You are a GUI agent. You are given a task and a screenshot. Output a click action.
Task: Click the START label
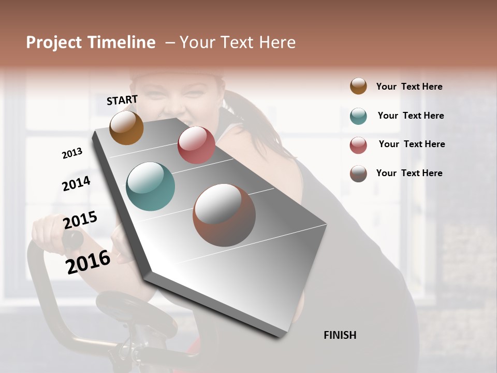point(122,100)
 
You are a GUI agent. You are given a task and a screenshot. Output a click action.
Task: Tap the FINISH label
point(340,335)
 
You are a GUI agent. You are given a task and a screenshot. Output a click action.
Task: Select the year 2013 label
point(72,153)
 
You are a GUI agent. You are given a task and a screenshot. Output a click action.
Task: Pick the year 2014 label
point(76,183)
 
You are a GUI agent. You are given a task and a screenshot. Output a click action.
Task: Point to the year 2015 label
point(80,220)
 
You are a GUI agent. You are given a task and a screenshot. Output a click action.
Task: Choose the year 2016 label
point(88,261)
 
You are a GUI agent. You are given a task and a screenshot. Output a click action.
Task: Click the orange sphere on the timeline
point(126,127)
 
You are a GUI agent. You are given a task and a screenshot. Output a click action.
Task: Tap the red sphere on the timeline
point(196,145)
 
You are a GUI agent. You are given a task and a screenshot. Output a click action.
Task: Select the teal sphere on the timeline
point(150,187)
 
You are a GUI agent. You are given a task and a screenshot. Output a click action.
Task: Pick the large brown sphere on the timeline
point(224,215)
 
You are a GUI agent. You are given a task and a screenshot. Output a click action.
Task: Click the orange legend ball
point(358,86)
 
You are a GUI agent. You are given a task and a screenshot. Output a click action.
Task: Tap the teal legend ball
point(358,116)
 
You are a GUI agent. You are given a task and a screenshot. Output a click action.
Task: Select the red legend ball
point(358,145)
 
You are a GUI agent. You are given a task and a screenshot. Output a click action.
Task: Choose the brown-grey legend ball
point(358,174)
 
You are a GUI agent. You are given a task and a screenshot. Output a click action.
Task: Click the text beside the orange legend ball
point(409,87)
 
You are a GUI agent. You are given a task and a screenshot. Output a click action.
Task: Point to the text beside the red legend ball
point(412,144)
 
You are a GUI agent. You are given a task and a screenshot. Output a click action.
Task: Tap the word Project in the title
point(54,42)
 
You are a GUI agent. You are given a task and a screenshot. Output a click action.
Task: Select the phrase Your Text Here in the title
point(238,42)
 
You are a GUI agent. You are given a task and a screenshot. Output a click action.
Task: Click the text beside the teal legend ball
point(411,116)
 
